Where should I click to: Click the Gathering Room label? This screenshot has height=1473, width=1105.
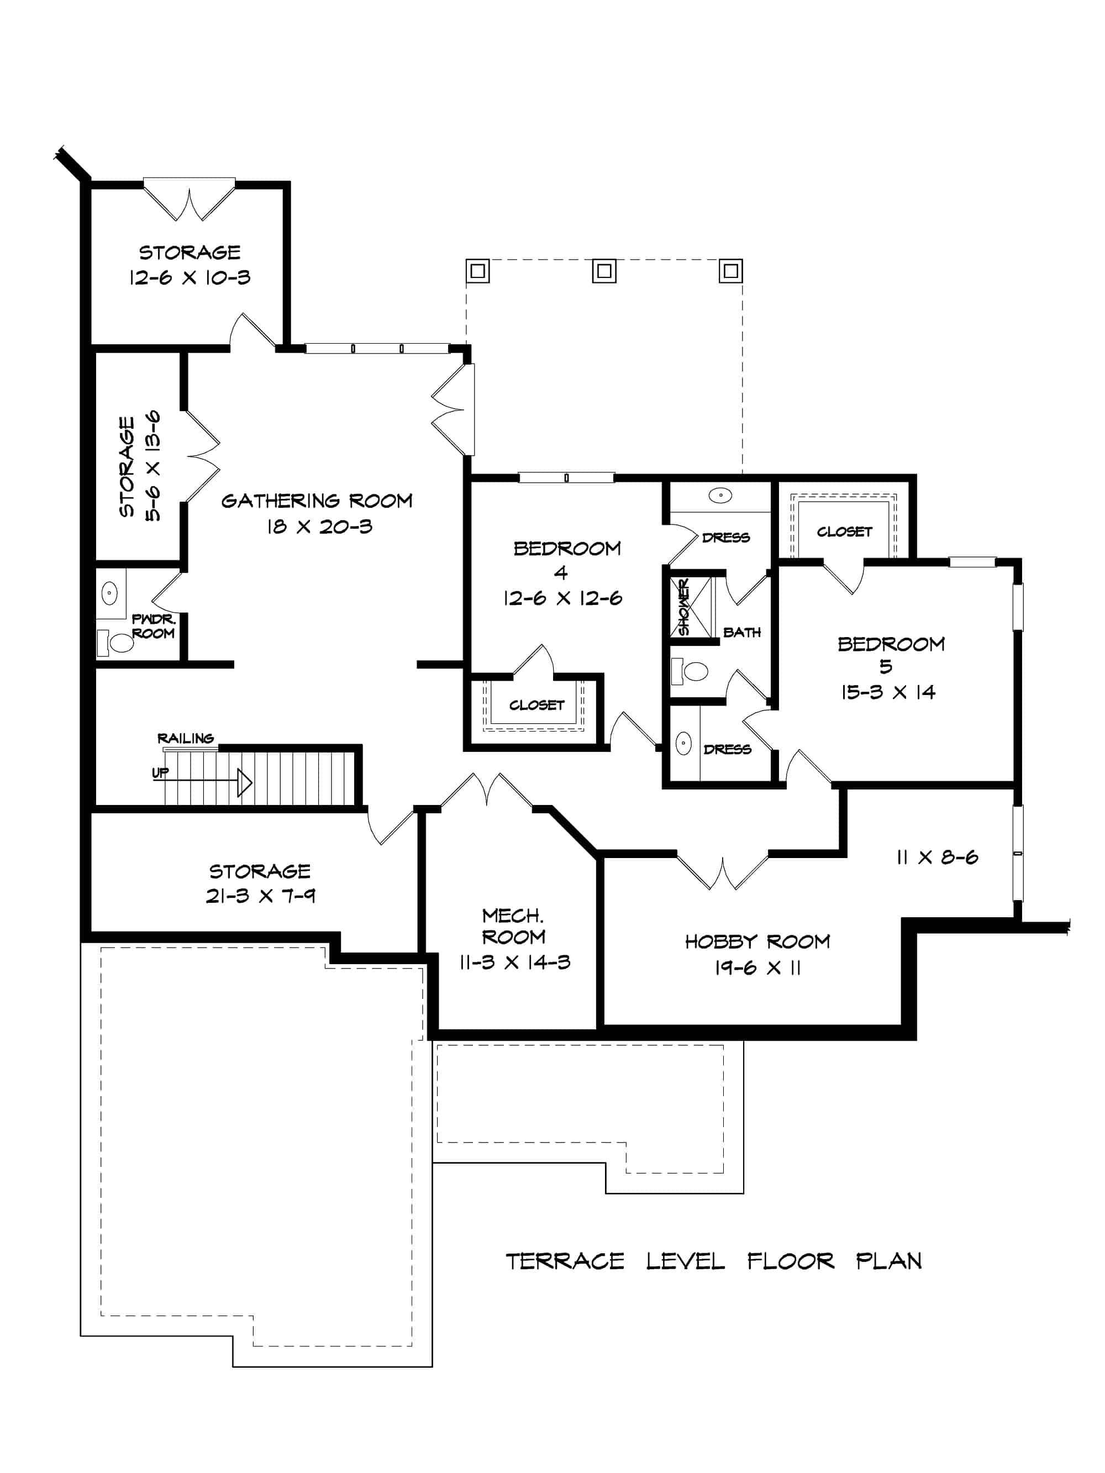pos(317,501)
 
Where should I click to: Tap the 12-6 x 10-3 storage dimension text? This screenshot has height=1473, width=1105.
pos(190,278)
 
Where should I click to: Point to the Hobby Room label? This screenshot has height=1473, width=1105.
pos(757,941)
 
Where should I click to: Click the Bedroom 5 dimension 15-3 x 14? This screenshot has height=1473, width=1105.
pos(888,692)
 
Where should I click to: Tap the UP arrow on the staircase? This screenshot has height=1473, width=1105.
pos(244,782)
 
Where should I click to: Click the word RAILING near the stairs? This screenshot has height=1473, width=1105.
pos(185,738)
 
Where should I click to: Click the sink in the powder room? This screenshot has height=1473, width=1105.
pos(109,592)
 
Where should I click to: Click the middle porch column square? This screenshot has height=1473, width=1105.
pos(604,271)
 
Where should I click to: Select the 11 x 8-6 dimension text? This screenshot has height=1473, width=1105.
pos(936,857)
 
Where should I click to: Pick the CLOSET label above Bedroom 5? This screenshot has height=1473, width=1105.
pos(844,532)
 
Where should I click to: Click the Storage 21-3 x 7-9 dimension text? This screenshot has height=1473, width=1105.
pos(260,896)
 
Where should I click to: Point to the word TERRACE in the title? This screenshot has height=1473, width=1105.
pos(565,1261)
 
